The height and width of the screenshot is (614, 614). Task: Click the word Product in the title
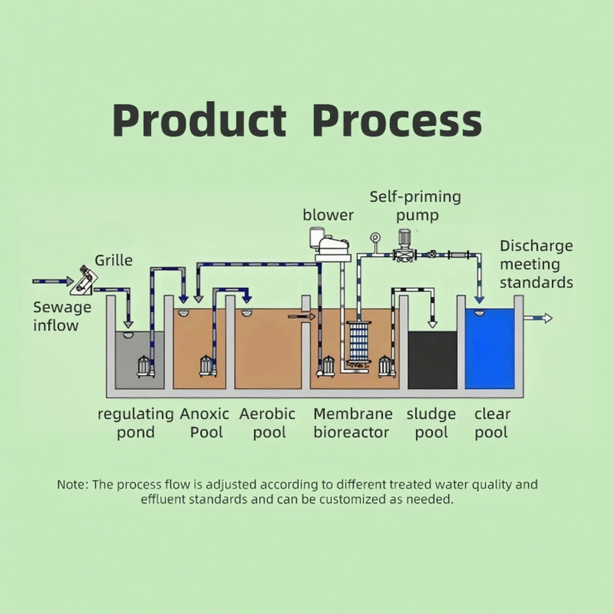tap(199, 120)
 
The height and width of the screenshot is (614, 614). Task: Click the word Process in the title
tap(397, 120)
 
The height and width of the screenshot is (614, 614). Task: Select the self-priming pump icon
tap(404, 246)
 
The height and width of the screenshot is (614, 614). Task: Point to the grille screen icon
tap(84, 281)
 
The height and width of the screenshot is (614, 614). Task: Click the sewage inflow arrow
tap(54, 281)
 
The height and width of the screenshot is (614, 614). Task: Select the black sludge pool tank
tap(432, 359)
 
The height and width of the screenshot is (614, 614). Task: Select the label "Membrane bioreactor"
tap(351, 423)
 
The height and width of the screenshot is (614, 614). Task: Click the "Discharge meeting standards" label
tap(536, 264)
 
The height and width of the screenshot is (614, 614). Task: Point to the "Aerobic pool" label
tap(267, 423)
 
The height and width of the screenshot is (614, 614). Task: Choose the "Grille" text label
tap(114, 260)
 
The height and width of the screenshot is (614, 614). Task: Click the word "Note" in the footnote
tap(71, 484)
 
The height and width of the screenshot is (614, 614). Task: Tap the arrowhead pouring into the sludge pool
tap(432, 323)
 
